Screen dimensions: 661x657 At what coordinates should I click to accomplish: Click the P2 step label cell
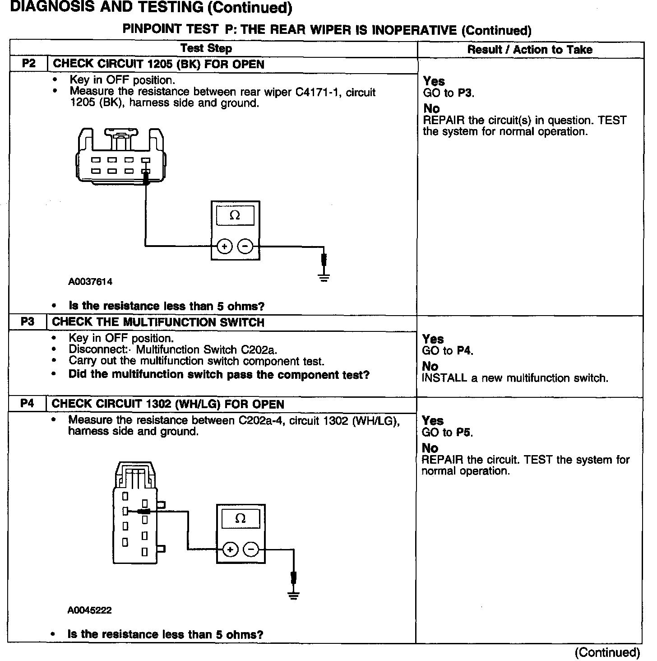point(28,64)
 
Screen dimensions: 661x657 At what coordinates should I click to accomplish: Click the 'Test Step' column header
point(206,49)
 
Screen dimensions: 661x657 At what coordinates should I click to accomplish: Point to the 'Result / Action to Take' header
point(530,50)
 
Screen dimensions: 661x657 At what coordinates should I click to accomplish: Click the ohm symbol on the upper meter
point(235,215)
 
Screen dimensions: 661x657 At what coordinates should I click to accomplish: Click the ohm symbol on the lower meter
point(241,518)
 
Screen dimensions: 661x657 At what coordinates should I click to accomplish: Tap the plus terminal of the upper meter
point(225,247)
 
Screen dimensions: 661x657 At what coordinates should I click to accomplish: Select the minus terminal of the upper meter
point(245,247)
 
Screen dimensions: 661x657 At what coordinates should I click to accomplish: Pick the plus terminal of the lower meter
point(230,549)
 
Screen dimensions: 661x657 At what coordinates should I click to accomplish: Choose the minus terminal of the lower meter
point(251,549)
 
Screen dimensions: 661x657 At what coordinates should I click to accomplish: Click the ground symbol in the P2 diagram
point(324,276)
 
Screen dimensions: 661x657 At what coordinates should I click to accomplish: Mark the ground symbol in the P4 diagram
point(294,595)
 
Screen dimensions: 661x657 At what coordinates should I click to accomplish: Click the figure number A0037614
point(90,282)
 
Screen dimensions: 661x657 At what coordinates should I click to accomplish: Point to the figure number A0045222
point(89,610)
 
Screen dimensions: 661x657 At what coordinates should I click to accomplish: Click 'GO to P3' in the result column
point(449,93)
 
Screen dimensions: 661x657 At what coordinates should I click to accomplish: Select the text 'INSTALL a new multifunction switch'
point(515,378)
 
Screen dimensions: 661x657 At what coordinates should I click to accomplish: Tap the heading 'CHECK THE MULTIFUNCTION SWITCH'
point(158,322)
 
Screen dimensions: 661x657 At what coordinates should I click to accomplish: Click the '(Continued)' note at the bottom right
point(607,652)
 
